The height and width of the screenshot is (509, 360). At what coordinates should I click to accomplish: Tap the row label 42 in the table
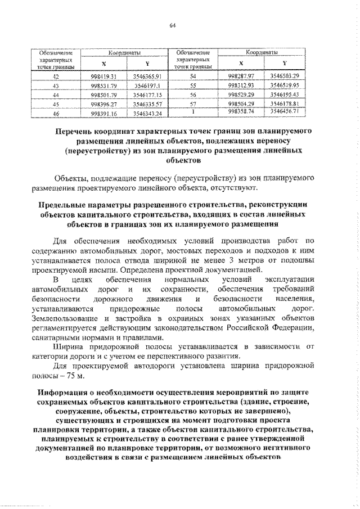[55, 75]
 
